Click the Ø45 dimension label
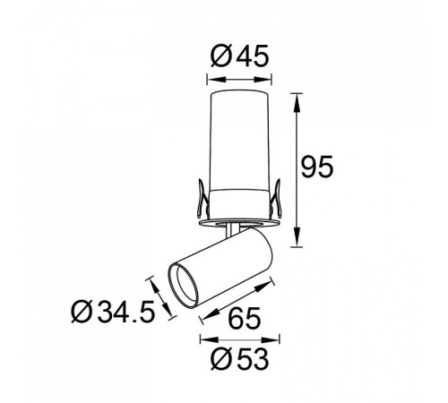(239, 56)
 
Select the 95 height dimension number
(316, 167)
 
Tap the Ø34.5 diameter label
(113, 312)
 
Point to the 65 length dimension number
(245, 318)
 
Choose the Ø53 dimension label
(239, 359)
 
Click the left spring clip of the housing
(202, 198)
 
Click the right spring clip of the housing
(277, 198)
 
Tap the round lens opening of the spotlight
(184, 285)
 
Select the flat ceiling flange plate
(239, 223)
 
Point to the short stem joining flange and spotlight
(232, 230)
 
